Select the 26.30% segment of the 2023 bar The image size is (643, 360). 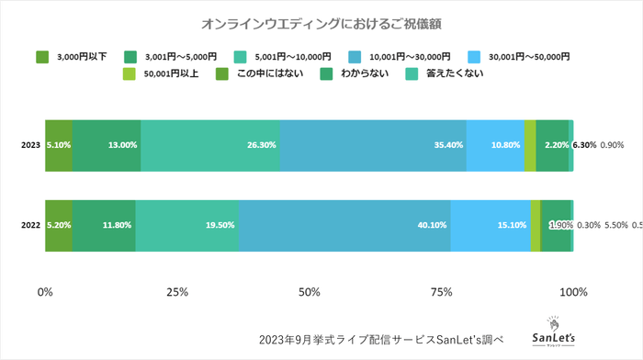(x=210, y=145)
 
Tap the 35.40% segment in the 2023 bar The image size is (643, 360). (x=373, y=145)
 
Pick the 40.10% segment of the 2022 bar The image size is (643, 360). (x=344, y=225)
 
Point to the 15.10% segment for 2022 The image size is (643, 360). (x=491, y=225)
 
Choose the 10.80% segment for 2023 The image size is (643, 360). (x=495, y=145)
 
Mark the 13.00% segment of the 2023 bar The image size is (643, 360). (x=107, y=145)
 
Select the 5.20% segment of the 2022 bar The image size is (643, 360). (x=59, y=225)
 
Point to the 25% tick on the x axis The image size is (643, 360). (x=177, y=292)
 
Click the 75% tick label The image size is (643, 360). (x=442, y=292)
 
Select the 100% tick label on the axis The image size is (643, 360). (x=573, y=292)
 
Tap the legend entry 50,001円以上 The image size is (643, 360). (x=167, y=73)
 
